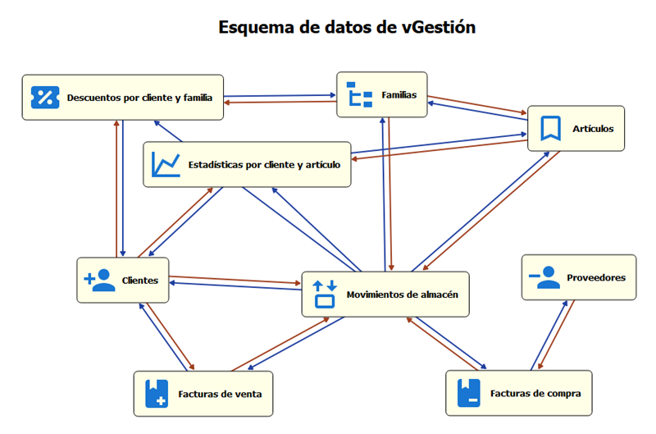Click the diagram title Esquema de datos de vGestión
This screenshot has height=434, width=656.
tap(346, 27)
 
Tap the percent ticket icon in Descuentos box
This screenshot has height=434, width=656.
tap(46, 97)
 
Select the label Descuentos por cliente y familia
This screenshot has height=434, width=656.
tap(139, 98)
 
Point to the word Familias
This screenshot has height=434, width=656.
tap(399, 95)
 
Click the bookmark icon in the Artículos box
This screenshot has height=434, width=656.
tap(549, 128)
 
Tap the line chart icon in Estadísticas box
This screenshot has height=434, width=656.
tap(166, 164)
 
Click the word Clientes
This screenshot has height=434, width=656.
tap(139, 281)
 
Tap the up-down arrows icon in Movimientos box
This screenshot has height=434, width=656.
tap(325, 294)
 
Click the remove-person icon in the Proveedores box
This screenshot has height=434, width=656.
tap(544, 277)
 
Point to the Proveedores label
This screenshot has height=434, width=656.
tap(596, 277)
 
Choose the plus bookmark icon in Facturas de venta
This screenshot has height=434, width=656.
tap(156, 393)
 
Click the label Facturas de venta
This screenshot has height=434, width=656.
tap(220, 394)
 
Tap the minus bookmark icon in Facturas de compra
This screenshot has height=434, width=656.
tap(468, 393)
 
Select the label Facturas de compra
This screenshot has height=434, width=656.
tap(535, 394)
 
